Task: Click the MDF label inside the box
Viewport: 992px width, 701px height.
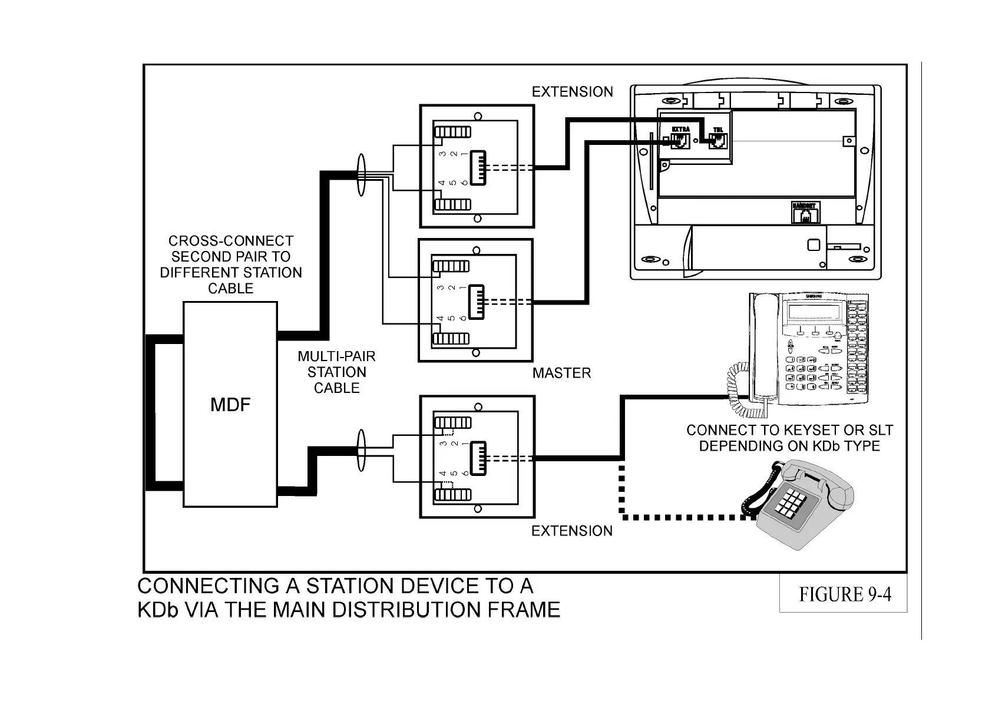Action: click(230, 405)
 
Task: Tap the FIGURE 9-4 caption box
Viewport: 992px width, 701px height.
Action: click(844, 594)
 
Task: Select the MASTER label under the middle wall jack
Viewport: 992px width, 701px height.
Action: click(561, 373)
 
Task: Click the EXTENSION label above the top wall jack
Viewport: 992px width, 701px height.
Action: click(572, 92)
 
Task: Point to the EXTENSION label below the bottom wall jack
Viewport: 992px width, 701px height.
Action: click(571, 531)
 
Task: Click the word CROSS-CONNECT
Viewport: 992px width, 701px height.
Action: click(230, 241)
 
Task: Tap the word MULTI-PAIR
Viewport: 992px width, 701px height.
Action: click(336, 356)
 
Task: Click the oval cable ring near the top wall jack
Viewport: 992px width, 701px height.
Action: click(361, 174)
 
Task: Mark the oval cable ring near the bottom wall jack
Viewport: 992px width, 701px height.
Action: click(361, 451)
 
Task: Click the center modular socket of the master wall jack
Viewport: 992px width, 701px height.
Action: click(476, 302)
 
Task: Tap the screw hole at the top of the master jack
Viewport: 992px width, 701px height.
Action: click(476, 250)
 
